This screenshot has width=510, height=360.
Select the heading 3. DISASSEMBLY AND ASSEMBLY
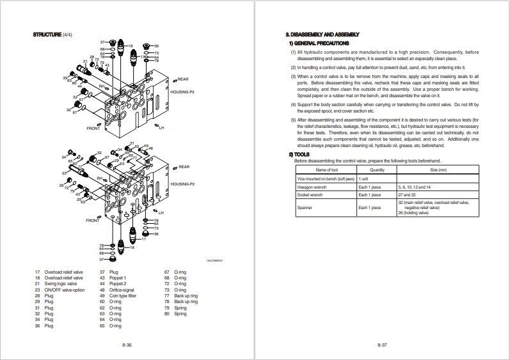click(322, 34)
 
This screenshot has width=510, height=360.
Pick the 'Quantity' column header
click(377, 169)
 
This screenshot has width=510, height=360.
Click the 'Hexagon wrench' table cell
click(313, 186)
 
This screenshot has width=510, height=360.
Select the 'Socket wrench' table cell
click(311, 194)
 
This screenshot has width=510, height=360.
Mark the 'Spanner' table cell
click(305, 208)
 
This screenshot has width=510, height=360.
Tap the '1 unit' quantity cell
click(363, 178)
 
